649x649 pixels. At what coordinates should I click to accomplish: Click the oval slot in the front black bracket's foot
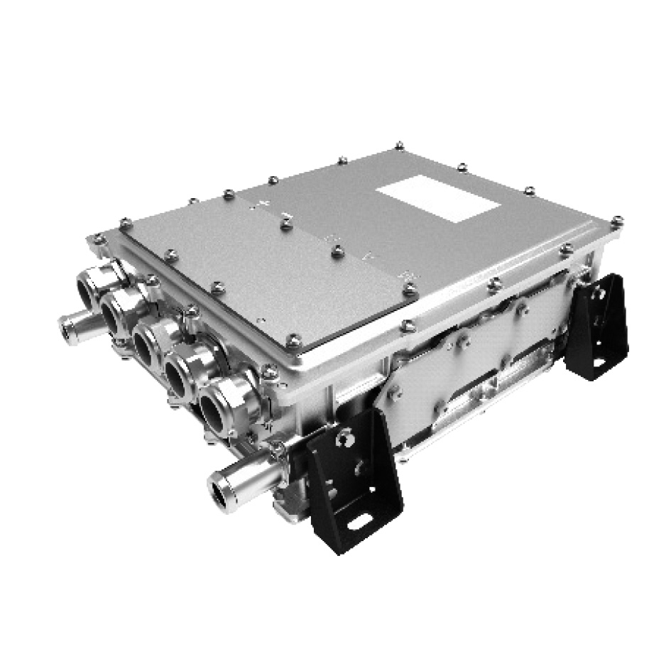tap(360, 524)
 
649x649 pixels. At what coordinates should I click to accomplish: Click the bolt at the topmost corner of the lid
tap(399, 146)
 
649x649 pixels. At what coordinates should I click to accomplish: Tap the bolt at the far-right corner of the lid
tap(616, 222)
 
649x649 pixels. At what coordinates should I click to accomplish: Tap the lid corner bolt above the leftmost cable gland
tap(99, 239)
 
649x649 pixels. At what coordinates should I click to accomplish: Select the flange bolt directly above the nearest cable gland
tap(268, 371)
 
